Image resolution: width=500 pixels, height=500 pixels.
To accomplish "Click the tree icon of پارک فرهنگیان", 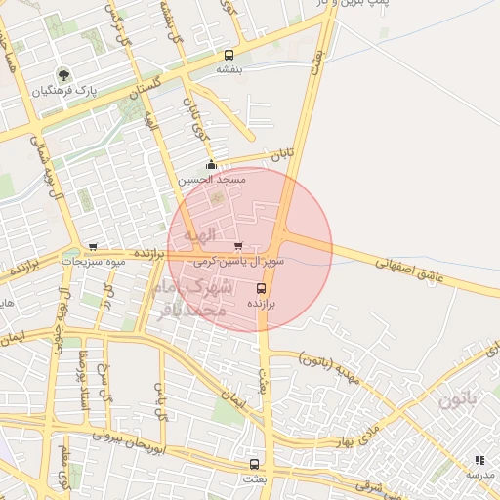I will pyautogui.click(x=64, y=75).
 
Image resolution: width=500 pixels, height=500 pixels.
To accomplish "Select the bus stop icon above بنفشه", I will pyautogui.click(x=229, y=56).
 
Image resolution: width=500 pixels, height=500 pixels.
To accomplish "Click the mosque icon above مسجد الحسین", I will pyautogui.click(x=211, y=165).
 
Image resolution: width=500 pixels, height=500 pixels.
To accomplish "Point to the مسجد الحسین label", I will pyautogui.click(x=212, y=181).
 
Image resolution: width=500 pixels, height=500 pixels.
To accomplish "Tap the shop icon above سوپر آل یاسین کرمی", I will pyautogui.click(x=239, y=246).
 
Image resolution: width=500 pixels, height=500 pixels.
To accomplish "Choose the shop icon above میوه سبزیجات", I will pyautogui.click(x=93, y=247).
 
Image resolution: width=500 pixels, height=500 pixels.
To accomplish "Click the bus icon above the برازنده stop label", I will pyautogui.click(x=261, y=289).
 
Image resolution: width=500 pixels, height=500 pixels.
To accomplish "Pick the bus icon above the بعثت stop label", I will pyautogui.click(x=255, y=464).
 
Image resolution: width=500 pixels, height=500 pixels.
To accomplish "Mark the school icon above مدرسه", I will pyautogui.click(x=479, y=459).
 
